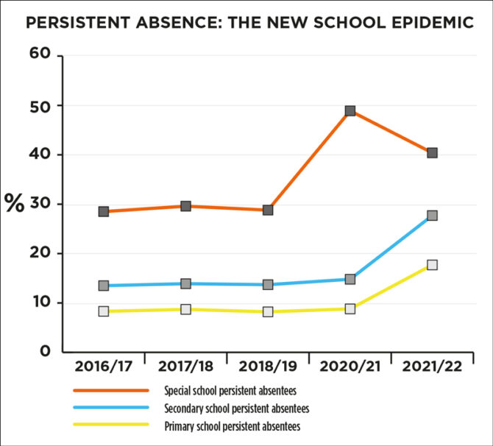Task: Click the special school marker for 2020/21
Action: click(x=350, y=111)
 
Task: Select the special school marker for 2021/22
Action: click(x=432, y=153)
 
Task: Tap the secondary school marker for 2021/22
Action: click(x=432, y=216)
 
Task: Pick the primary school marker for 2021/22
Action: click(x=432, y=265)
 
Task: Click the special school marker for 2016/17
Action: click(x=104, y=212)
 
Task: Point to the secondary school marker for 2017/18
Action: click(x=186, y=284)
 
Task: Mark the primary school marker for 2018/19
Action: click(x=268, y=312)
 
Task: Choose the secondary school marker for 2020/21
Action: click(x=350, y=280)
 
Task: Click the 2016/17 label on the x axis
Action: click(x=104, y=365)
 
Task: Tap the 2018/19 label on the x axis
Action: click(x=268, y=365)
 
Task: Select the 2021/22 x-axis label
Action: click(x=432, y=365)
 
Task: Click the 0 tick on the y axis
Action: click(x=45, y=351)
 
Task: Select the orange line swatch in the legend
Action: click(x=111, y=391)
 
